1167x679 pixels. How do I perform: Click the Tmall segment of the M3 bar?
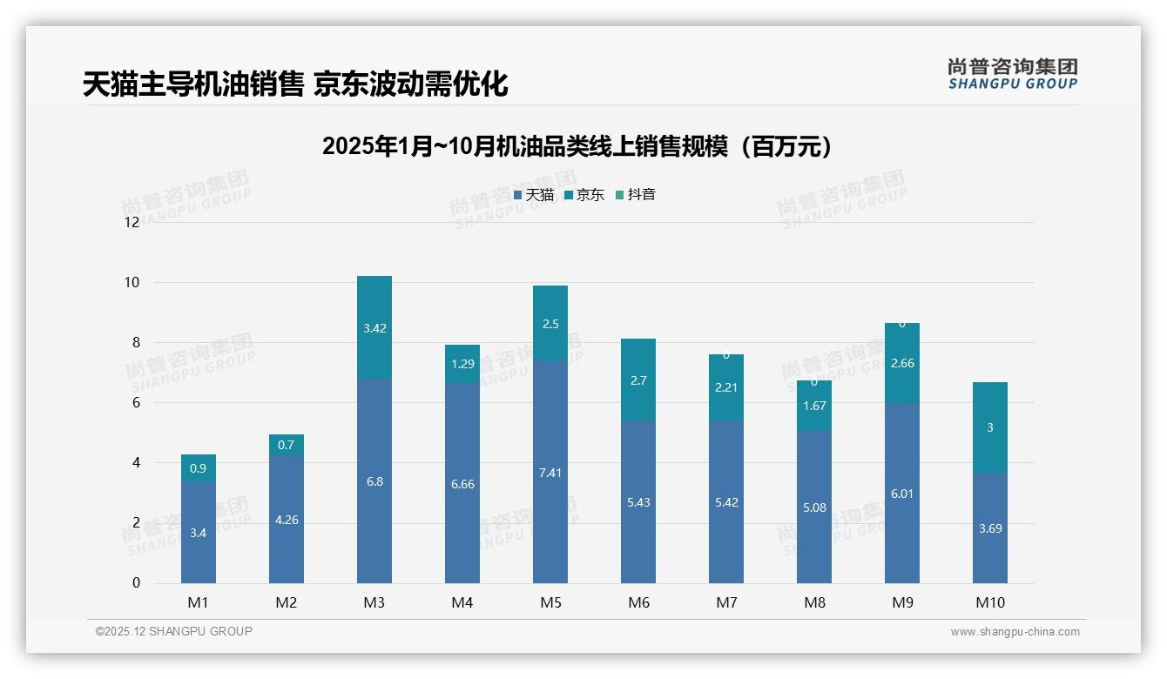click(374, 481)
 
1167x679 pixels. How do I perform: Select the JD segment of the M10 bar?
click(989, 427)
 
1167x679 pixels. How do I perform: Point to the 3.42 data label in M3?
click(374, 328)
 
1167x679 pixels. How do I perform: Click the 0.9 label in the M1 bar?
click(198, 468)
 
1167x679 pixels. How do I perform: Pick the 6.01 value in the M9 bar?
click(901, 494)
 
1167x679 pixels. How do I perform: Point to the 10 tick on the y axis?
click(132, 282)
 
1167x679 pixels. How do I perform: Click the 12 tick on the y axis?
click(132, 222)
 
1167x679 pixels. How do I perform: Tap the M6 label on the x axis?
click(637, 602)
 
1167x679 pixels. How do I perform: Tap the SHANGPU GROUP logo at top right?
click(1012, 74)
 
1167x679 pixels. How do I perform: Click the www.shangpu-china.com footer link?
click(1015, 632)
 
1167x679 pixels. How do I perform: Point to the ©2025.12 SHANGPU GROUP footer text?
click(174, 632)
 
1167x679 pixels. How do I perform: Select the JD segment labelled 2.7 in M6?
click(637, 380)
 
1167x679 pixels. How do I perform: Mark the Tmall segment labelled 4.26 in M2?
click(286, 520)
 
